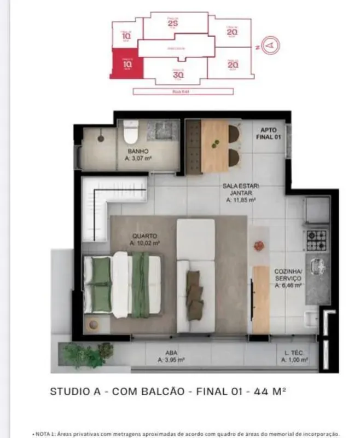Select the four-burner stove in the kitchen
[x=316, y=240]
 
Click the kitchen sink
[x=317, y=267]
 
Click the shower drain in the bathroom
[x=101, y=139]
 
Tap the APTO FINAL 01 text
[x=270, y=134]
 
